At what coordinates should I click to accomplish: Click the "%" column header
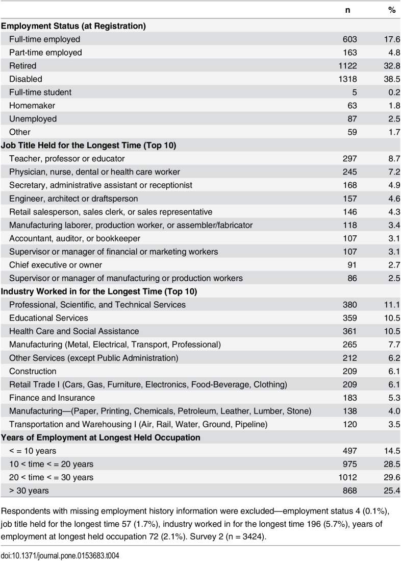pyautogui.click(x=392, y=10)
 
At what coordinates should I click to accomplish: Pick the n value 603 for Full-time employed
pyautogui.click(x=350, y=39)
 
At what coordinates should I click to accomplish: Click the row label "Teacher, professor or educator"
pyautogui.click(x=67, y=158)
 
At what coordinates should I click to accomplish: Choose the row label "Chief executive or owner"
pyautogui.click(x=56, y=264)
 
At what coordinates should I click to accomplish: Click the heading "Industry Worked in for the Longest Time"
pyautogui.click(x=99, y=291)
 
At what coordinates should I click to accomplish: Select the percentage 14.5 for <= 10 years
pyautogui.click(x=389, y=451)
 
